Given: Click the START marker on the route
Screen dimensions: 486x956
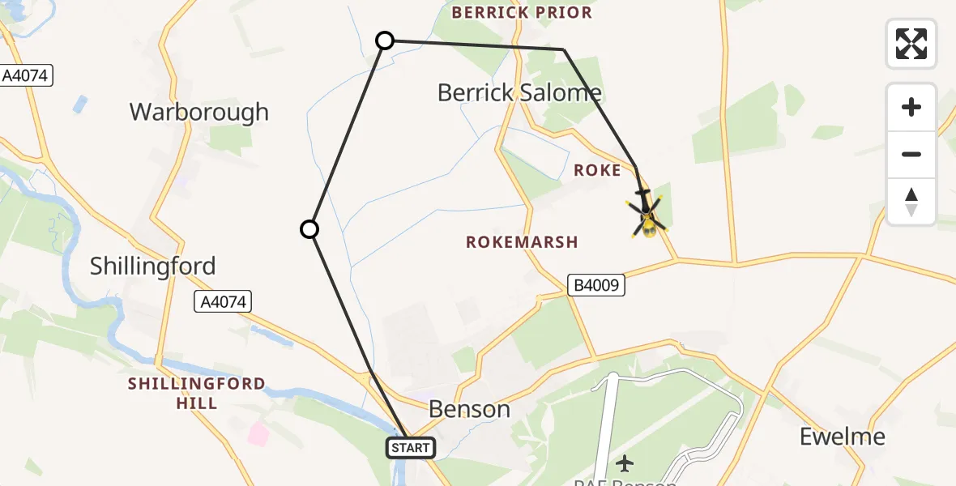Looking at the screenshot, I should [412, 447].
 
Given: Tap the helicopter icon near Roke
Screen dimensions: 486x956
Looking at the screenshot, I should [647, 215].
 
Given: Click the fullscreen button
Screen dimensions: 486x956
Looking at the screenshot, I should [911, 44].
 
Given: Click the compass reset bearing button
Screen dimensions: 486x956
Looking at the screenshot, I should [911, 202].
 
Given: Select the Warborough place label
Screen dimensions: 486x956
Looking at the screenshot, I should [198, 112].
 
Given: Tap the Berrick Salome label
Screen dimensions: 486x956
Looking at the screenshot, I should [519, 92].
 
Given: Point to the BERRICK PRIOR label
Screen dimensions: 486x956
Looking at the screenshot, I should [522, 13].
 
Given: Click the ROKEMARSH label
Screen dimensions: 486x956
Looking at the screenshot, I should [522, 242].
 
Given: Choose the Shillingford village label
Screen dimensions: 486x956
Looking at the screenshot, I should [153, 266].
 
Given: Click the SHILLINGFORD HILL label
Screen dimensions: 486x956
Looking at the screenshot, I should [196, 393].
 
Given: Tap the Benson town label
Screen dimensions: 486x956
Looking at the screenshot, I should [469, 409].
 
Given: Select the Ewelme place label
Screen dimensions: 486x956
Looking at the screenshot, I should [842, 437].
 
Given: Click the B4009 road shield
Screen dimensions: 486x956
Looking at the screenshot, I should [595, 285].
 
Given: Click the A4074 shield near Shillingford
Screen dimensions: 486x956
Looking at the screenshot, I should [224, 302].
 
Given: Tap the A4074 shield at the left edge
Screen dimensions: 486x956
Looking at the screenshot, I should [26, 76].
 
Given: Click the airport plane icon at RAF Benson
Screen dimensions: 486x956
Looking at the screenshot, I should [624, 463].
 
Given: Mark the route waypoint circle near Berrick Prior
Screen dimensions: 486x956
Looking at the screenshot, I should [386, 40].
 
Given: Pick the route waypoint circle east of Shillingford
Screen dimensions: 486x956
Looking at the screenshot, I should [309, 229].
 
